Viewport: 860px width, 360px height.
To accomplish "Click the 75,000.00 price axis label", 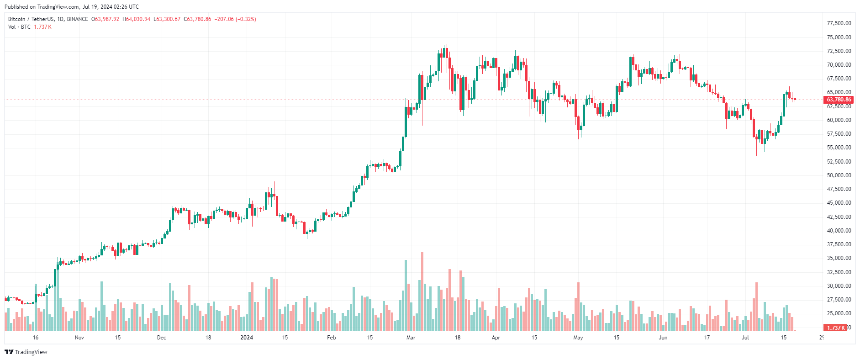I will (x=839, y=37).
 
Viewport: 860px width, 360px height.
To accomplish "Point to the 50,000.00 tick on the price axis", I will (x=839, y=175).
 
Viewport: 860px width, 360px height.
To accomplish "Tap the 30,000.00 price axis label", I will (x=839, y=286).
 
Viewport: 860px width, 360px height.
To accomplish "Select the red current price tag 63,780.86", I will (x=839, y=100).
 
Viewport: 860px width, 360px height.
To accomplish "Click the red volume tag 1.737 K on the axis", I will (x=835, y=328).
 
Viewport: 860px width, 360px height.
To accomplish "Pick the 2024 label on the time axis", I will (x=247, y=338).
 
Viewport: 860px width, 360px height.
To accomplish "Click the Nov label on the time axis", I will (x=79, y=338).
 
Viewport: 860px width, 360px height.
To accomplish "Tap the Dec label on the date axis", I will (x=161, y=338).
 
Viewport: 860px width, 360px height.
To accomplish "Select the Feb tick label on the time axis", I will (x=332, y=338).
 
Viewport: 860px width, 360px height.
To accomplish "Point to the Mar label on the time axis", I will (x=411, y=338).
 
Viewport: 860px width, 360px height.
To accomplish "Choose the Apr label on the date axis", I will (x=496, y=338).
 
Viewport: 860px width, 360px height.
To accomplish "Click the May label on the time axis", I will (x=578, y=338).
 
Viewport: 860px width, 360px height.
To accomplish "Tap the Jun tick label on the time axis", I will (x=663, y=338).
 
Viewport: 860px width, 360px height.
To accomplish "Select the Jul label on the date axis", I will (x=745, y=338).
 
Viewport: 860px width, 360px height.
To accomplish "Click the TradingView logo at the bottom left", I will (x=26, y=352).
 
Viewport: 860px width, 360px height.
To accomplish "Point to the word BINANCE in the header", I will (x=77, y=19).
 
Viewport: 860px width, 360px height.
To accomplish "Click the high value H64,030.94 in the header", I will (x=136, y=19).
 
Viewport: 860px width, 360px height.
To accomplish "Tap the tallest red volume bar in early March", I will (x=422, y=292).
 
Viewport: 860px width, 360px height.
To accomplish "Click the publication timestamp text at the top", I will (x=72, y=7).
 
